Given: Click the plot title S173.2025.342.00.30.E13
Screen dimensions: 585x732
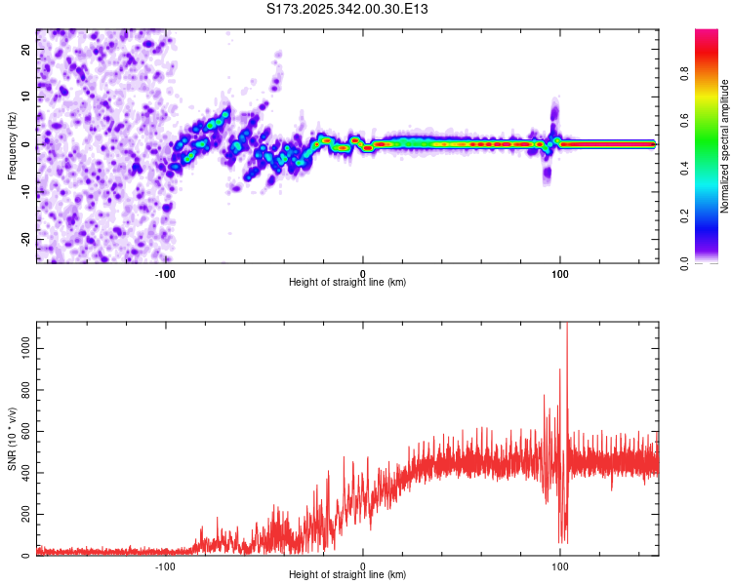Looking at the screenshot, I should pyautogui.click(x=348, y=10).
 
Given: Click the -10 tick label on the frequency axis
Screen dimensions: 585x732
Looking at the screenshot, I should pyautogui.click(x=25, y=192).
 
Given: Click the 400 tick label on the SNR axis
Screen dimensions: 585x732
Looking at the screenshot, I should pyautogui.click(x=23, y=473).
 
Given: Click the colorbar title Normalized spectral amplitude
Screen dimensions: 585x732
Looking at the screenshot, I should pyautogui.click(x=725, y=147).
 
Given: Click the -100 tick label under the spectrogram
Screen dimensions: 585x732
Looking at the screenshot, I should pyautogui.click(x=165, y=274).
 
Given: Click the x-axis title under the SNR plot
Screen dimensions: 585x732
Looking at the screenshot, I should pyautogui.click(x=347, y=575).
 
